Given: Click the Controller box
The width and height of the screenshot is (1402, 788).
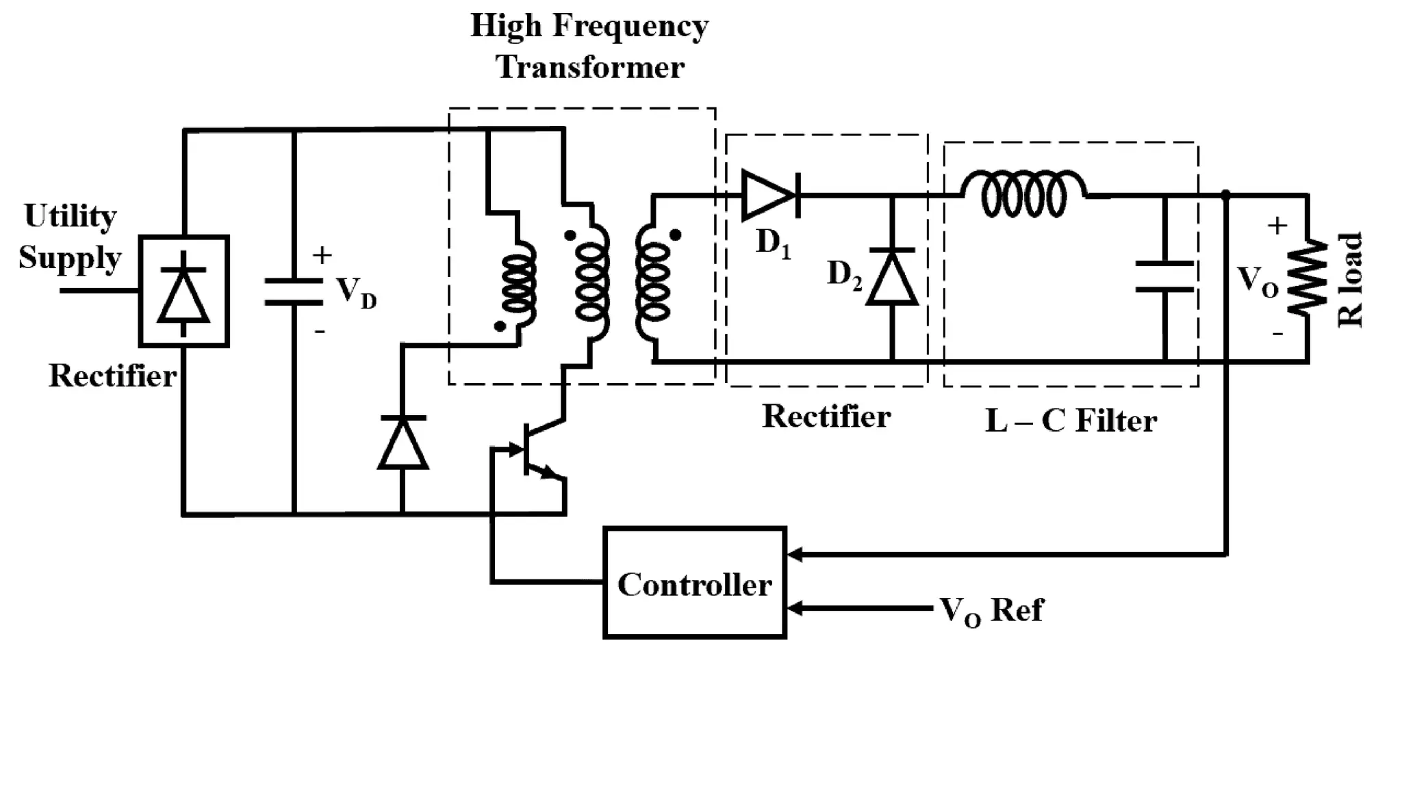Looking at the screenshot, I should (694, 583).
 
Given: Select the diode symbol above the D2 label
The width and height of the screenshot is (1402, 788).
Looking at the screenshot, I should (891, 277).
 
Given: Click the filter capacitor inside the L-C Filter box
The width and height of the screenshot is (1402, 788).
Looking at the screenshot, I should (1164, 276).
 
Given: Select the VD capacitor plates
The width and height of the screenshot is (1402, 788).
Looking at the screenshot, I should (294, 291).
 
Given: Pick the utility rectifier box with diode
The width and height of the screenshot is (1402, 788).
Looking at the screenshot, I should (183, 291).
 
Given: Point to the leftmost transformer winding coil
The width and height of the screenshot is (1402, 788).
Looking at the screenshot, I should (518, 284).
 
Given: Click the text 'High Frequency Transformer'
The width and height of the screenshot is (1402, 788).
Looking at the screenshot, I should (589, 47).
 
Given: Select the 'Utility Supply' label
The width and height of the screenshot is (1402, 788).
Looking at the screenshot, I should (70, 237).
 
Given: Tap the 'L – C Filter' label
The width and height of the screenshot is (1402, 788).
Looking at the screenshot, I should (1071, 420).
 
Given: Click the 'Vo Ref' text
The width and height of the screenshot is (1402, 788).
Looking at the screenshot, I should (991, 609).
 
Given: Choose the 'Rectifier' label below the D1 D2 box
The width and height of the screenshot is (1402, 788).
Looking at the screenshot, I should (826, 416).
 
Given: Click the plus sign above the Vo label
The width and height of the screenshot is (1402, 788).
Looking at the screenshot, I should (1277, 226).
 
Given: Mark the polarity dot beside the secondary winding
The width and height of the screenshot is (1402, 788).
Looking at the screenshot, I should (675, 235).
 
